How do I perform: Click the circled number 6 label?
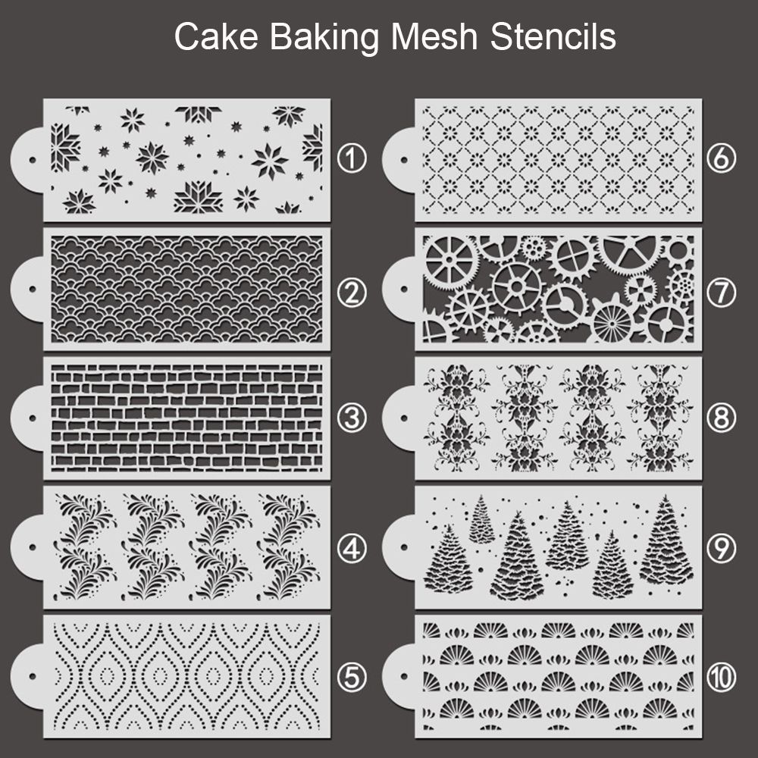[x=720, y=159]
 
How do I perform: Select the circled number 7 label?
[x=720, y=290]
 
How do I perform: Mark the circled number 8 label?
[x=720, y=417]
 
